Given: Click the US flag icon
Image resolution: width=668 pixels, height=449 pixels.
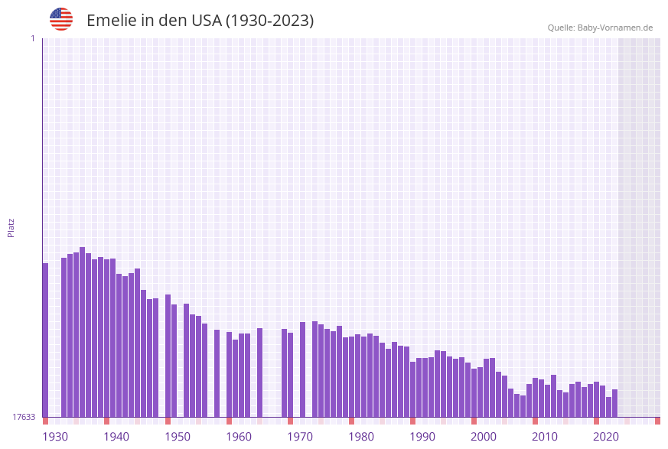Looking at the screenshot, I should click(x=61, y=19).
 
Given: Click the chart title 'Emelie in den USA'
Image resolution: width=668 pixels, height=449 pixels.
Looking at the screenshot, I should click(x=200, y=21).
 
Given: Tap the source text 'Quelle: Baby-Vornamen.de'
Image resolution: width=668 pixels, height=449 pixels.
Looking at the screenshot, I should click(x=600, y=28).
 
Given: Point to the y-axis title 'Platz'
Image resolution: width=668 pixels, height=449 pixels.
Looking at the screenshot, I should click(x=11, y=227).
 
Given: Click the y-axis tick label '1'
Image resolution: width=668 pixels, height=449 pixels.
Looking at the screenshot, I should click(x=33, y=38).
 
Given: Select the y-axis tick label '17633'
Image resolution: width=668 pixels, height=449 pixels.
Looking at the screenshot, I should click(x=24, y=417).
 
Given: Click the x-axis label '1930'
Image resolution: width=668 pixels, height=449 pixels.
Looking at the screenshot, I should click(x=54, y=437).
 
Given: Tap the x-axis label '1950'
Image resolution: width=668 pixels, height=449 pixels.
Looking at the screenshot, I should click(x=178, y=437).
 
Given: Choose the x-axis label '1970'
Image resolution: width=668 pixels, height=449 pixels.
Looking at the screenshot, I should click(x=300, y=437).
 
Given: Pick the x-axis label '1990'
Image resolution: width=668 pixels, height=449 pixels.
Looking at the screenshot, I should click(x=422, y=437).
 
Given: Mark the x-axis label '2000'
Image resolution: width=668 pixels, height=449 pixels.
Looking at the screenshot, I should click(x=484, y=437).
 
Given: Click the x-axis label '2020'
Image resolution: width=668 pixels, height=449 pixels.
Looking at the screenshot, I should click(x=606, y=437).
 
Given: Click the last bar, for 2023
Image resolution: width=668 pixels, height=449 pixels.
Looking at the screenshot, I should click(x=614, y=403).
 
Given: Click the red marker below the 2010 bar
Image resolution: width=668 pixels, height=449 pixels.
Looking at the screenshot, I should click(x=535, y=421).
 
